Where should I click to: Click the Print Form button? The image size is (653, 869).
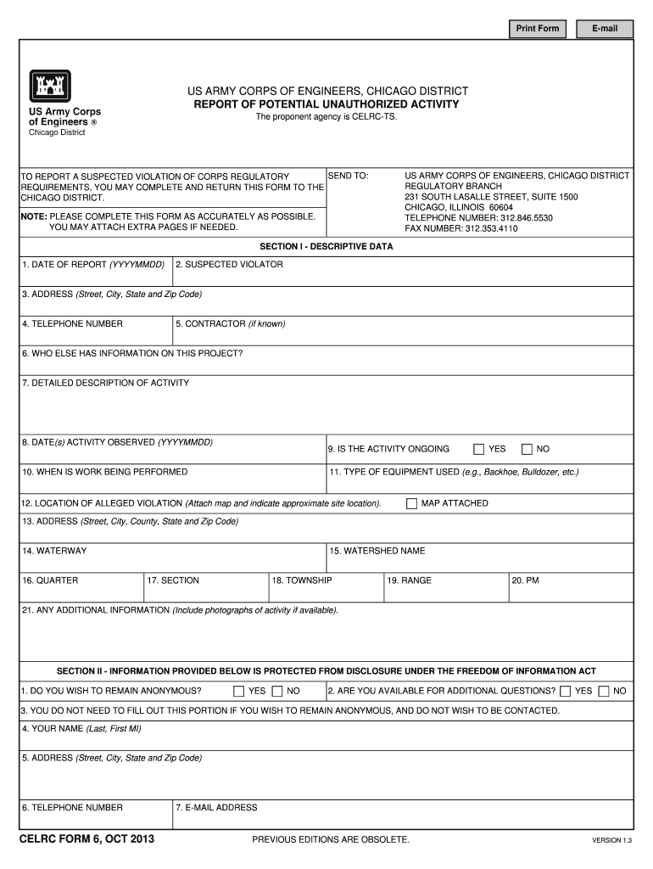click(538, 29)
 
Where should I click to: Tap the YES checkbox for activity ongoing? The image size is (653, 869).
click(479, 449)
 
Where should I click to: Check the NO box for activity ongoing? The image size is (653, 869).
click(527, 449)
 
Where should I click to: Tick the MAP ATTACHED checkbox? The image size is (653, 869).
click(412, 503)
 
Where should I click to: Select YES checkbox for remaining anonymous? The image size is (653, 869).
click(239, 691)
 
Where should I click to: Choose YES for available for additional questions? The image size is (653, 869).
click(565, 691)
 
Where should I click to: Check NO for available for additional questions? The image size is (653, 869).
click(603, 691)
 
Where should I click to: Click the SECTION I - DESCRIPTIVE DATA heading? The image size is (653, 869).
click(326, 247)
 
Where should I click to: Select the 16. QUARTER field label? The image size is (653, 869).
click(50, 580)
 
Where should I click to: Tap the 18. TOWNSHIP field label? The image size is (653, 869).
click(302, 580)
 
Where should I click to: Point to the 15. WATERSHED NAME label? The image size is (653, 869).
click(377, 551)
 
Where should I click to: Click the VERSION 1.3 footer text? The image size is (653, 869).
click(612, 841)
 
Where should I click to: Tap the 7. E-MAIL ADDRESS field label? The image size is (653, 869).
click(216, 807)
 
